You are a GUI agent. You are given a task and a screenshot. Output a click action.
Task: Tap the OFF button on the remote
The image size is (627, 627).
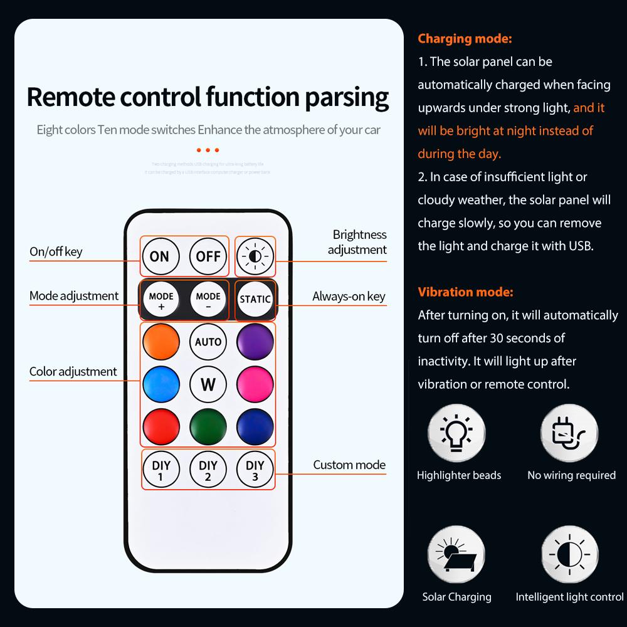coord(208,256)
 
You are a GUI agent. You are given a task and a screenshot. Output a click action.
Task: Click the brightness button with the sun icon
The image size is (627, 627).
coord(255,256)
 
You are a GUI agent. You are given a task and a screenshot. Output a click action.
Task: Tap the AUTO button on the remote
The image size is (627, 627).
coord(208,342)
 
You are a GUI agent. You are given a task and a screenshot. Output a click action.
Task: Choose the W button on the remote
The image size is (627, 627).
coord(208,384)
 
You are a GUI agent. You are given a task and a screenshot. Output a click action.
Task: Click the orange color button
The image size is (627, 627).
coord(161,342)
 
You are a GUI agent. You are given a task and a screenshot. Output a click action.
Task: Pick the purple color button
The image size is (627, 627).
coord(255,342)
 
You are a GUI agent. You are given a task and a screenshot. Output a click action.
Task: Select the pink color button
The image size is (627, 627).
coord(255,384)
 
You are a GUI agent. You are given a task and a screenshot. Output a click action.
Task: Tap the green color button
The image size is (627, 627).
coord(208,426)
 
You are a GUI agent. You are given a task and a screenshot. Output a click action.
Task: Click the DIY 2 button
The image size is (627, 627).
coord(208,470)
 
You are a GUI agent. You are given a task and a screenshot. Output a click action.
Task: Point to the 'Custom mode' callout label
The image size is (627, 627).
coord(349,465)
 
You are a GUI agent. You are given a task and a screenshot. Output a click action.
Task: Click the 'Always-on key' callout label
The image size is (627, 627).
coord(349,297)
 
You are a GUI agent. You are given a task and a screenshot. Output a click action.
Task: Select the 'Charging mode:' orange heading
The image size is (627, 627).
coord(465,39)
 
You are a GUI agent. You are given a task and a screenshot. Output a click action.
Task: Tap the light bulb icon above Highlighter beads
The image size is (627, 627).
coord(456,433)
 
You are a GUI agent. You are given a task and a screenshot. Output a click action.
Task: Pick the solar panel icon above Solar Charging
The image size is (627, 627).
coord(456,555)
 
